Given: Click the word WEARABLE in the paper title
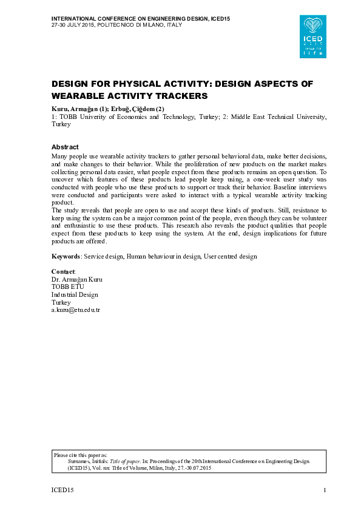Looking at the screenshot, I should point(81,96).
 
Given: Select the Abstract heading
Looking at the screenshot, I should point(65,147).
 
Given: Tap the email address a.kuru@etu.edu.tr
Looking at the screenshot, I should point(75,310).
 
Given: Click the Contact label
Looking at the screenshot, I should point(63,271).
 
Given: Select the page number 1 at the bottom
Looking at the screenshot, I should point(325,490).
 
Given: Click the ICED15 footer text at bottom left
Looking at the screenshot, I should point(62,490).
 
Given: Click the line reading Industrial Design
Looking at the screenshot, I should point(75,294).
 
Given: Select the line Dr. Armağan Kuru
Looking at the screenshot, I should point(77,279).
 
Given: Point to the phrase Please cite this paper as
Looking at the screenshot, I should point(81,454).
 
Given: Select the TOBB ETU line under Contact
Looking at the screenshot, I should point(67,287).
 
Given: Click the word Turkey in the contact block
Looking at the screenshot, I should point(61,302).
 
